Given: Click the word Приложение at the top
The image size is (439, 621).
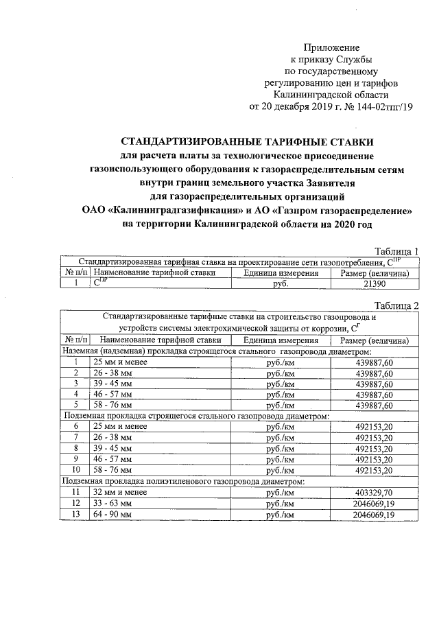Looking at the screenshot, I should click(x=335, y=47).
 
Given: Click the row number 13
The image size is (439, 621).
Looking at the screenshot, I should click(x=75, y=514).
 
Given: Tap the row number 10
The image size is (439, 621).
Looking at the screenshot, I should click(x=75, y=470).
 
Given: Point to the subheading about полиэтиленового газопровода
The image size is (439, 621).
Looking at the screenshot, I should click(x=183, y=481).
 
